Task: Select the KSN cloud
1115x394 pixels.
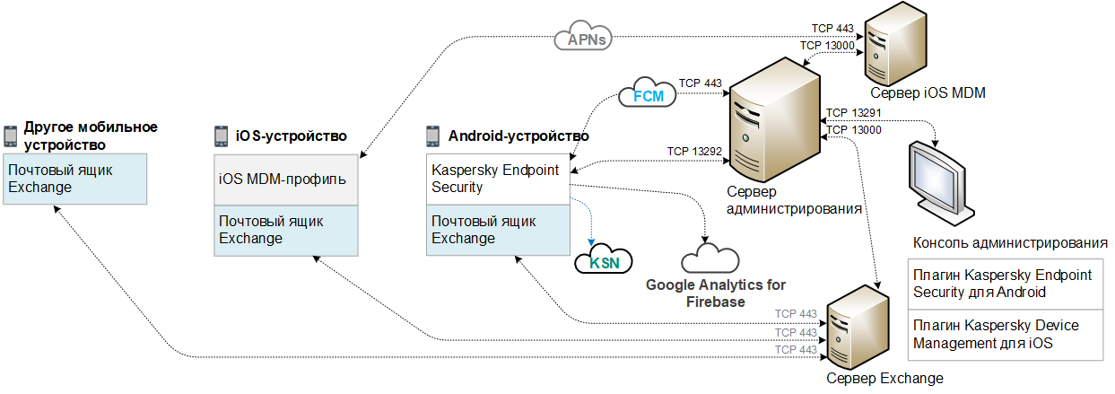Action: (x=604, y=263)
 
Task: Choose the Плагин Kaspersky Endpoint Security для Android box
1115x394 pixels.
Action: (x=1003, y=284)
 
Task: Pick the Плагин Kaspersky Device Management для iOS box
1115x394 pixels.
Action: (x=1003, y=333)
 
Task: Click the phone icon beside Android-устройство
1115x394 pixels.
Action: (x=432, y=136)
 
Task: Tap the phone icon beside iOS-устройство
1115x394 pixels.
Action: (x=220, y=136)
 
